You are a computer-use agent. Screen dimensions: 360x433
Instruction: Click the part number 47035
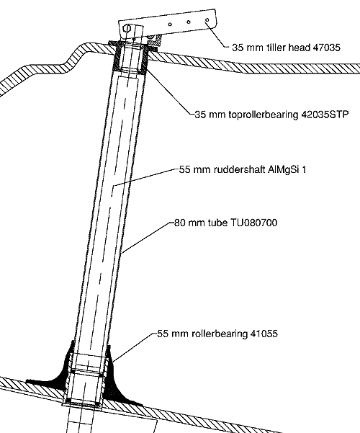326,48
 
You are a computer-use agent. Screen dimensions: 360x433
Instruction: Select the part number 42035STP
325,115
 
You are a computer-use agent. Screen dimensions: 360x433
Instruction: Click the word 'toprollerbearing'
264,115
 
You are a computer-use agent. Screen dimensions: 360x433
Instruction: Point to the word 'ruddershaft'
240,169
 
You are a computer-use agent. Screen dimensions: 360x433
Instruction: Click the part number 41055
264,334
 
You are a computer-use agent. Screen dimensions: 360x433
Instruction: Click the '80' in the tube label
179,223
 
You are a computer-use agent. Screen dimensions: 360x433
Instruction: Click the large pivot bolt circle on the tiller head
127,28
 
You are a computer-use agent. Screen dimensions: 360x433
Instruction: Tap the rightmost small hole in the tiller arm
207,20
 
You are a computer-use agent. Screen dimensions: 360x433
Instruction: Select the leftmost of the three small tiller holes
170,24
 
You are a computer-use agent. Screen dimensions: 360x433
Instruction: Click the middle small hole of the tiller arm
189,22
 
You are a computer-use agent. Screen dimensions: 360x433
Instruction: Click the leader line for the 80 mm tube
148,238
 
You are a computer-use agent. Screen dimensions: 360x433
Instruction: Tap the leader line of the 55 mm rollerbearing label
133,348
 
